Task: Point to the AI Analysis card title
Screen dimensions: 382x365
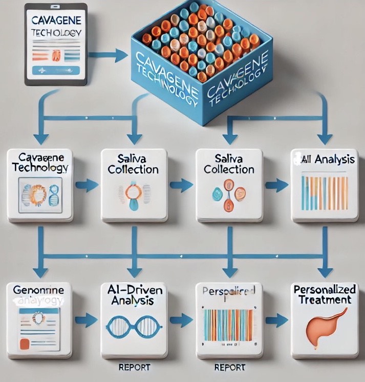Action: click(325, 159)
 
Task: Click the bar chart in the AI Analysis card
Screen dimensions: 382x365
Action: click(325, 193)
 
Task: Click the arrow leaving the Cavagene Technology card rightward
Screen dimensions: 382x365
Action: click(88, 185)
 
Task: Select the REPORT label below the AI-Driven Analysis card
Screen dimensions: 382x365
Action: click(134, 367)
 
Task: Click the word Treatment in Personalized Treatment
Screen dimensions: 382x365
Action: click(323, 299)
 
